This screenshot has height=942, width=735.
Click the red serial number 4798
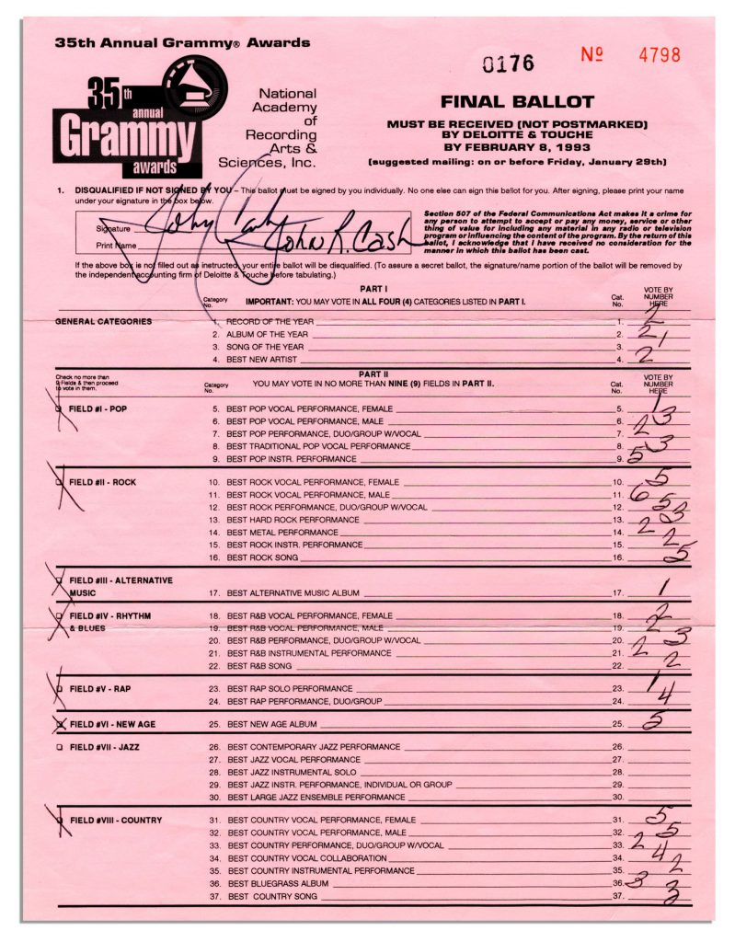[660, 55]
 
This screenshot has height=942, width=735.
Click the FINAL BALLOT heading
[517, 102]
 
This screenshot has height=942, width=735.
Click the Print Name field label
[116, 247]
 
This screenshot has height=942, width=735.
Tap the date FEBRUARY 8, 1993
[518, 147]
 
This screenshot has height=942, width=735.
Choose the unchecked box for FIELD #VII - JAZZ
[60, 746]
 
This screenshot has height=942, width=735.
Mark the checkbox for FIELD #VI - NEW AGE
[60, 724]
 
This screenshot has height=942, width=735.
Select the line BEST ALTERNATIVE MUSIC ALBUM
[293, 593]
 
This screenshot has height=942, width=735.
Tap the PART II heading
[372, 373]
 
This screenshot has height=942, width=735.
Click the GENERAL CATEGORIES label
[103, 321]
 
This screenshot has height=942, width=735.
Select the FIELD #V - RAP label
[100, 688]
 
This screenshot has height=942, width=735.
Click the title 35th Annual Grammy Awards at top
[182, 42]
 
